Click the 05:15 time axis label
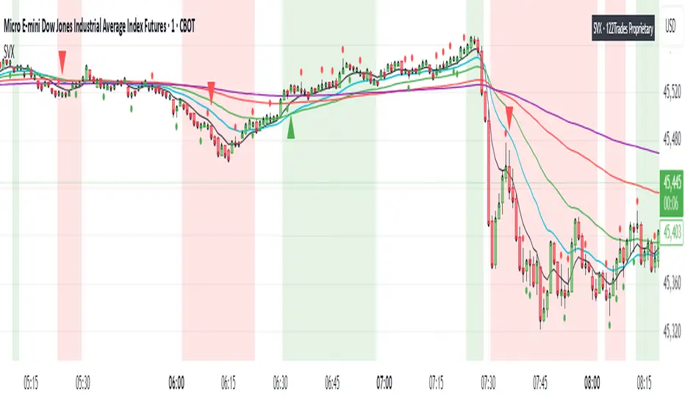point(30,382)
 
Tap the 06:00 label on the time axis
point(176,382)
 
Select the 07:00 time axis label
point(384,382)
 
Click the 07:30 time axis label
point(488,382)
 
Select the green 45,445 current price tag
point(673,181)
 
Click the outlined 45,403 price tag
point(673,230)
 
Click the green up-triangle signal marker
point(292,129)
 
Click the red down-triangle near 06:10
point(212,90)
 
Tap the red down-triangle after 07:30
point(509,115)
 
